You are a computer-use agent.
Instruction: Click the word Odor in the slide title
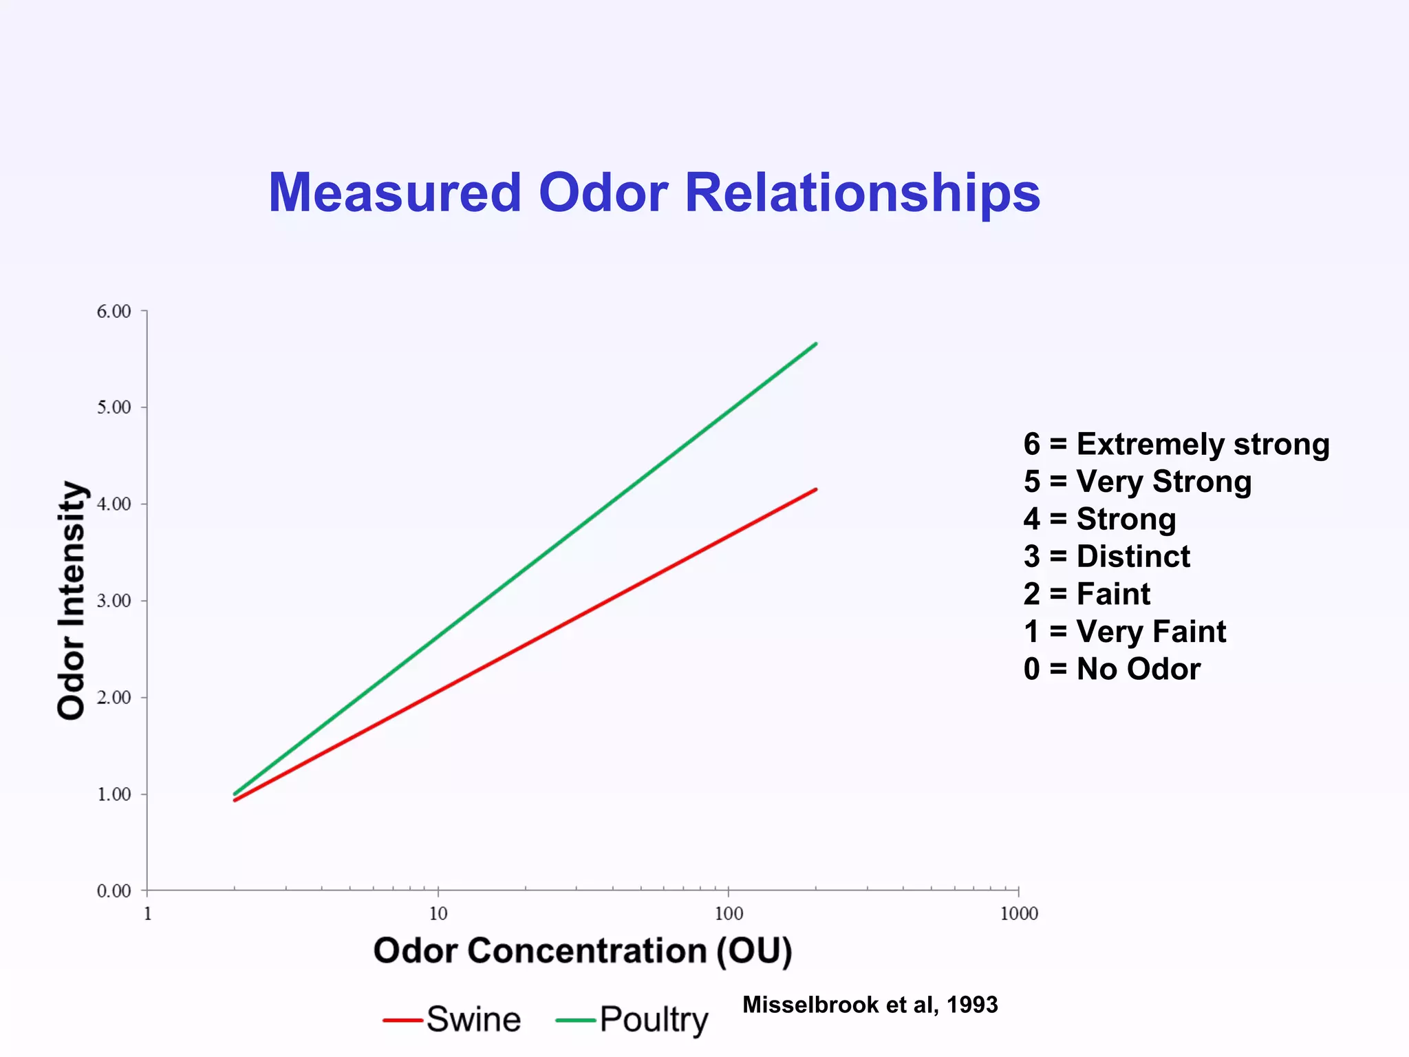(x=603, y=193)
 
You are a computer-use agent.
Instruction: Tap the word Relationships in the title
(x=862, y=193)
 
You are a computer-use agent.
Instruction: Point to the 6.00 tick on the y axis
(x=114, y=312)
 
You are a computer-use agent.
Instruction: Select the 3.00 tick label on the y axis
(x=114, y=601)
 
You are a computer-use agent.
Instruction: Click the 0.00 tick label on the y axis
(x=114, y=891)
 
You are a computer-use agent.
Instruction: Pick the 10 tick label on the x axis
(x=438, y=914)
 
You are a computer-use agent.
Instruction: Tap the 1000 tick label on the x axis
(x=1018, y=914)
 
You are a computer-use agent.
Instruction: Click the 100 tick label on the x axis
(x=729, y=914)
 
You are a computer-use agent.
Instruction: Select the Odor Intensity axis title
(x=72, y=600)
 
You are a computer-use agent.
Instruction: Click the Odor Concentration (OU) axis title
(x=583, y=951)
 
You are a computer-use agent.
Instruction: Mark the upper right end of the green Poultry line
(x=815, y=343)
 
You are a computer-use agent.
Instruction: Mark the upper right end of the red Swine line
(x=815, y=489)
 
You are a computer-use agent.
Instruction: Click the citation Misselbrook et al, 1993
(x=870, y=1005)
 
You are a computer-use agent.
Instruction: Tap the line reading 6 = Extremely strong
(x=1176, y=444)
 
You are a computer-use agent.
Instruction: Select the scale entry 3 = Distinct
(x=1106, y=556)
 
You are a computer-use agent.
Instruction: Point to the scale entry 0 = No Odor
(x=1112, y=669)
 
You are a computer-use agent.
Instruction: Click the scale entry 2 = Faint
(x=1086, y=594)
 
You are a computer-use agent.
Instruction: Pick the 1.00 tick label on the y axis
(x=114, y=795)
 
